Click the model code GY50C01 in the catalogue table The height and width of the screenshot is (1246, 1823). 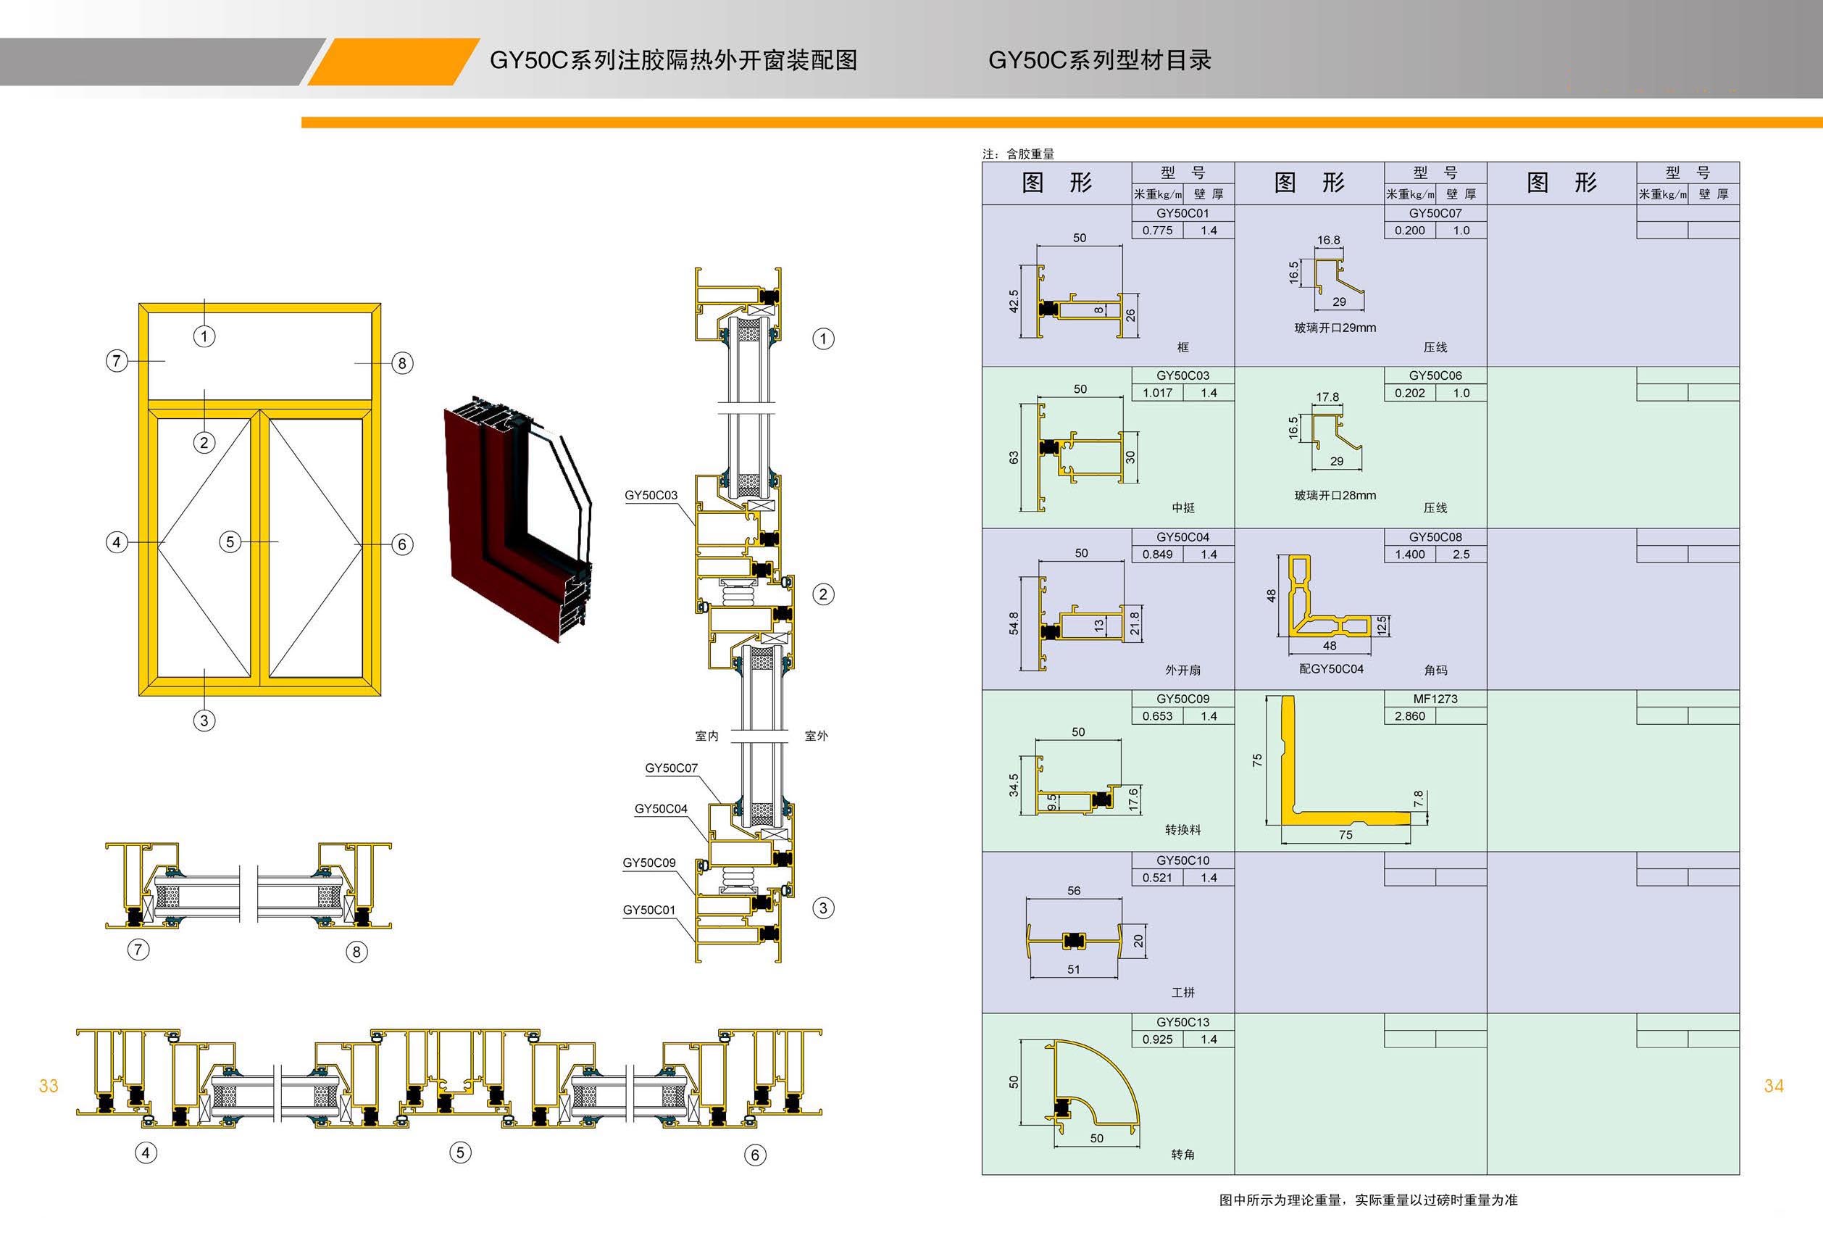(x=1182, y=213)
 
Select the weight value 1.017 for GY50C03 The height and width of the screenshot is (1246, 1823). (x=1157, y=393)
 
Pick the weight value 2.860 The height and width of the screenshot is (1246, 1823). (x=1409, y=716)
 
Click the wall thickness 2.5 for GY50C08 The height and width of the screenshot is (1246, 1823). (x=1461, y=555)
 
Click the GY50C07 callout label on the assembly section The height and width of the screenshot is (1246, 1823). (x=671, y=769)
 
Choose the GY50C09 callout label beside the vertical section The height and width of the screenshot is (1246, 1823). (x=648, y=863)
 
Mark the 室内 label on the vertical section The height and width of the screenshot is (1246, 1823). (x=706, y=736)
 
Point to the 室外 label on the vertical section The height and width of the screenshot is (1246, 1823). (x=816, y=736)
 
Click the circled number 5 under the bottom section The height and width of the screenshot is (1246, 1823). (x=460, y=1152)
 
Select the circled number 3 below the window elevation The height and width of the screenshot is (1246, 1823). (x=204, y=720)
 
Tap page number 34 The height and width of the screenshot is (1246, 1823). (x=1774, y=1086)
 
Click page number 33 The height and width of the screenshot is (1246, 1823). (x=49, y=1086)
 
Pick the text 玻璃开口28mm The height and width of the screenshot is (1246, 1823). (x=1335, y=496)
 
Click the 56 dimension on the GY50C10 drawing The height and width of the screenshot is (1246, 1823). (x=1074, y=891)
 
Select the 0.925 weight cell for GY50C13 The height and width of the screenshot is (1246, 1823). (x=1157, y=1039)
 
